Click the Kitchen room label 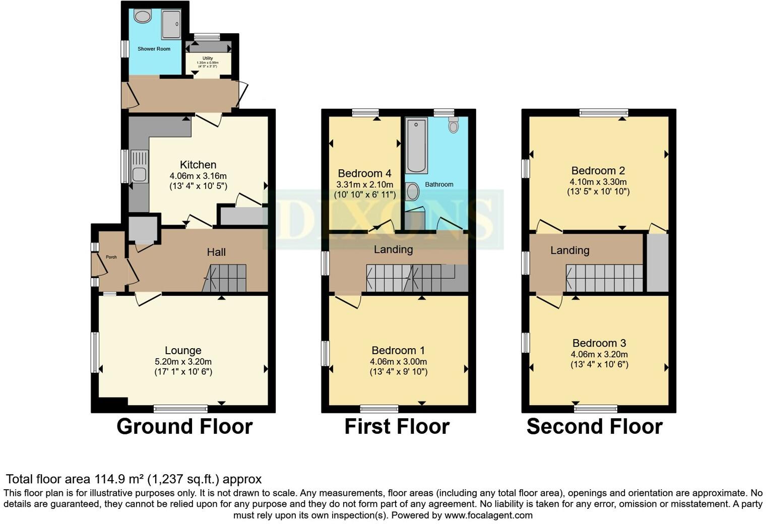click(198, 165)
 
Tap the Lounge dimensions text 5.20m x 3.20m click(183, 362)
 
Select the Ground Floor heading click(184, 427)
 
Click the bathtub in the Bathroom click(416, 146)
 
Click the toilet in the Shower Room click(143, 17)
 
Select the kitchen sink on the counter click(139, 174)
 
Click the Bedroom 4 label click(364, 173)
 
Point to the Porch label click(111, 257)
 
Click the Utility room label click(208, 58)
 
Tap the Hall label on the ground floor click(216, 252)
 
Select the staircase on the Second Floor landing click(604, 278)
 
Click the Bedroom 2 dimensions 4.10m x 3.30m click(598, 182)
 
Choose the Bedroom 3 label click(599, 343)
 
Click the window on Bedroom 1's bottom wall click(379, 408)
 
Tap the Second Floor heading click(594, 427)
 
